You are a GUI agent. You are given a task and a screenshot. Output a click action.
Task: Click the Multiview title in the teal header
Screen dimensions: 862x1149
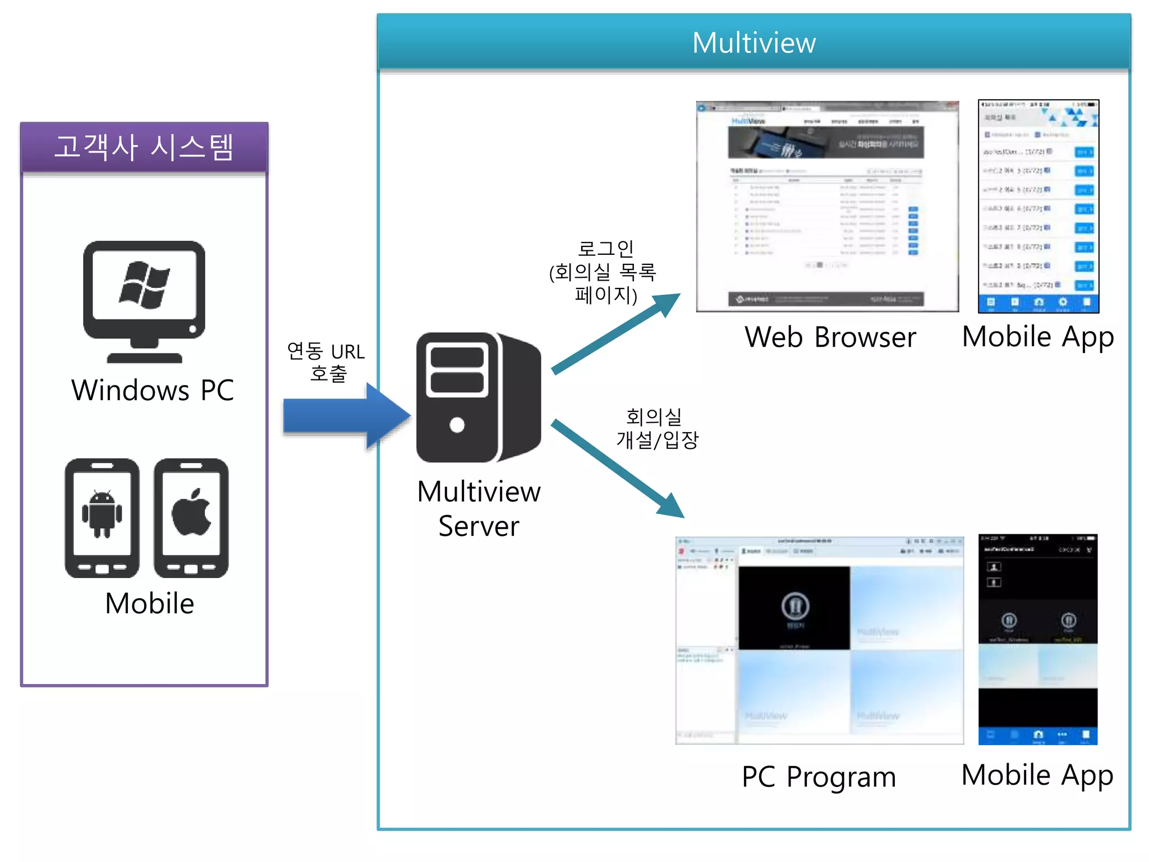click(753, 43)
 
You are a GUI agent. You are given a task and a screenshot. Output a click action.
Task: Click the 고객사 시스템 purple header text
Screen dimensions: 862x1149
click(144, 147)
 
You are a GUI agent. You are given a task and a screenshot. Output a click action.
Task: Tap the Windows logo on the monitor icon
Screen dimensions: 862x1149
click(144, 285)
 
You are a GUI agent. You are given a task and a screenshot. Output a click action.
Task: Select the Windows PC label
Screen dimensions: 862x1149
click(153, 390)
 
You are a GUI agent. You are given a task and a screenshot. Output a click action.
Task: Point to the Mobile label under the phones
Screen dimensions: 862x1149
click(149, 604)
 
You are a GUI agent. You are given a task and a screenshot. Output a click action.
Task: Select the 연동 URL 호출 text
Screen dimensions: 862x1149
click(326, 362)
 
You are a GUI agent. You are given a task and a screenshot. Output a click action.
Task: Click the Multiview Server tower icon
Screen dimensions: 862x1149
click(478, 397)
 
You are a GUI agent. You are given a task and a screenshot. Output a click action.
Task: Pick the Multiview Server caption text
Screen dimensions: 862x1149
click(479, 508)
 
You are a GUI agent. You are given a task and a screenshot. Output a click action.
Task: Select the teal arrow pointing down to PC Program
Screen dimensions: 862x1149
click(617, 468)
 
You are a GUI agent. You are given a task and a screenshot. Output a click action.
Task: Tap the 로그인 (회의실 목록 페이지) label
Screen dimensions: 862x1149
click(604, 272)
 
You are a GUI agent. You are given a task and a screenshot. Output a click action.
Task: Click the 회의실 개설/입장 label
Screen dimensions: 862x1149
click(656, 428)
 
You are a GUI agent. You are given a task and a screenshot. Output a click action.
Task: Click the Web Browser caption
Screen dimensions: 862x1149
click(830, 337)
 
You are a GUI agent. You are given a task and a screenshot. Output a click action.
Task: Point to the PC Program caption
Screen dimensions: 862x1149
click(819, 777)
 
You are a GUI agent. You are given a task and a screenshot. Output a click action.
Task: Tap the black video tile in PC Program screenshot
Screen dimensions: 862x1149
click(794, 608)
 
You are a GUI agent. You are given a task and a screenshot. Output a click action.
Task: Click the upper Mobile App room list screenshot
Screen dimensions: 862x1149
click(1038, 206)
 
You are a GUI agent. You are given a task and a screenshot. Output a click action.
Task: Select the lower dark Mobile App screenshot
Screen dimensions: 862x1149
click(1037, 639)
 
